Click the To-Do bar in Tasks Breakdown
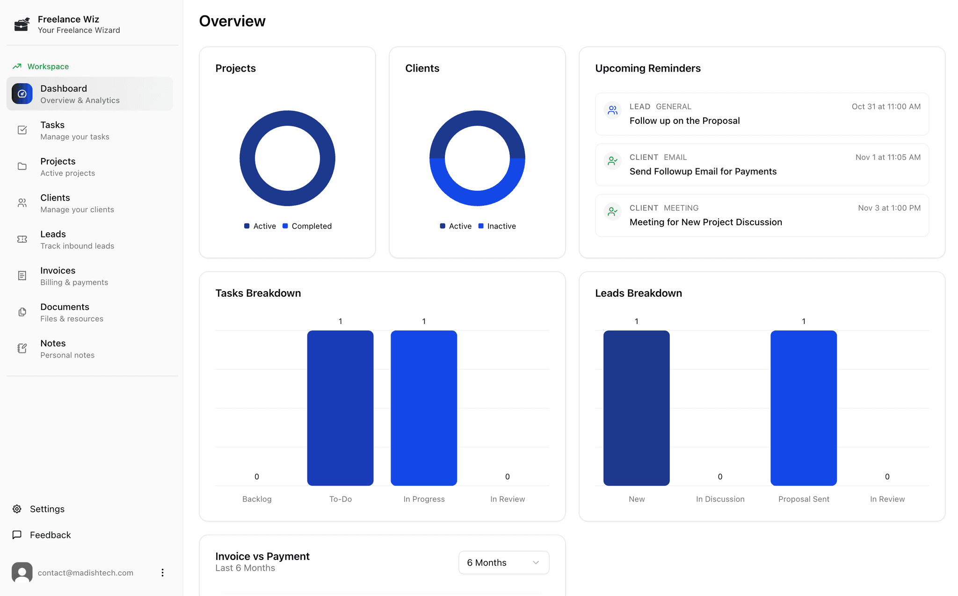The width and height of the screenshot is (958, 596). click(340, 408)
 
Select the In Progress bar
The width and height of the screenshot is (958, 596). click(423, 408)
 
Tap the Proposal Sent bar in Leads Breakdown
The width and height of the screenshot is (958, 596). click(803, 408)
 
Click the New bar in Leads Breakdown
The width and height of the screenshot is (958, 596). click(636, 408)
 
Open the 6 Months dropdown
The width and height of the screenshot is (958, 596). click(503, 562)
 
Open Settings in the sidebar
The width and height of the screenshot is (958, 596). click(47, 509)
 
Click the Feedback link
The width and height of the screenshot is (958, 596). click(50, 535)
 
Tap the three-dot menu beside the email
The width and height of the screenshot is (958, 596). click(162, 573)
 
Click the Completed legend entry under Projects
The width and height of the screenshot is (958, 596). click(311, 226)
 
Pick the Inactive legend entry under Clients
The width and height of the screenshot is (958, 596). click(501, 226)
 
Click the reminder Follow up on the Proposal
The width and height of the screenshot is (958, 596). click(684, 121)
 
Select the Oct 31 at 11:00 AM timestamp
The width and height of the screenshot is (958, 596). click(885, 107)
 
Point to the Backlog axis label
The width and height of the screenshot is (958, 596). click(257, 499)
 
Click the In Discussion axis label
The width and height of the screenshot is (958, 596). click(720, 499)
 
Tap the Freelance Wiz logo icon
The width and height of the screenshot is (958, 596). click(22, 24)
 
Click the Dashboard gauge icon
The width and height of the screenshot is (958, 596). click(22, 93)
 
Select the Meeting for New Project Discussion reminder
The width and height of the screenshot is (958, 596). click(705, 222)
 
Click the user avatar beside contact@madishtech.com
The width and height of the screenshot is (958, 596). click(22, 572)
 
